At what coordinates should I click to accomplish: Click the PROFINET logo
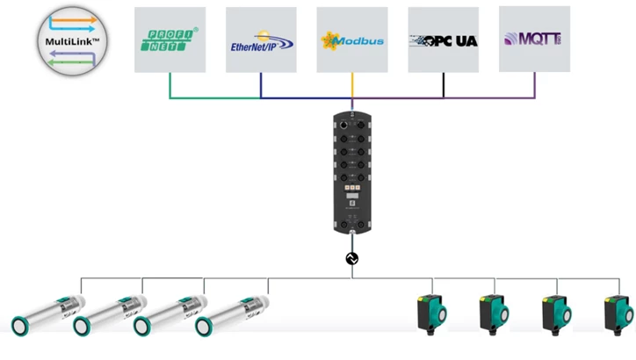click(170, 40)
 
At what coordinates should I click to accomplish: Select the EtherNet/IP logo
click(262, 41)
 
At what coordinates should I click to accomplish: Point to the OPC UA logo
click(444, 40)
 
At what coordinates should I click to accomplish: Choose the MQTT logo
click(533, 39)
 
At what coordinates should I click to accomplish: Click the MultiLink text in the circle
click(72, 41)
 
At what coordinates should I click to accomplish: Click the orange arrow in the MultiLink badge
click(74, 19)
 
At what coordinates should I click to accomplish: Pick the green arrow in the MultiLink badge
click(70, 62)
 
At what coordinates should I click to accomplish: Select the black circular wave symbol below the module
click(351, 258)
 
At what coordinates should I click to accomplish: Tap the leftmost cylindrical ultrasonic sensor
click(48, 315)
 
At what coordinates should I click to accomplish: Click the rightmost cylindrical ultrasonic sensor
click(232, 316)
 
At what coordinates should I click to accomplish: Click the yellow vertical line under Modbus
click(352, 85)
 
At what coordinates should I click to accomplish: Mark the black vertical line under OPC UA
click(444, 85)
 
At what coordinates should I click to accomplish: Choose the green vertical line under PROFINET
click(170, 85)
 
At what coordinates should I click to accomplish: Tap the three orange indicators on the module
click(352, 188)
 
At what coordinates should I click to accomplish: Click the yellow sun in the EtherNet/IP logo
click(264, 36)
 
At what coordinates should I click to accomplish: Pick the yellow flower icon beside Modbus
click(329, 41)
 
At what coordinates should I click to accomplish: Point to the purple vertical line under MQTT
click(535, 85)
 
